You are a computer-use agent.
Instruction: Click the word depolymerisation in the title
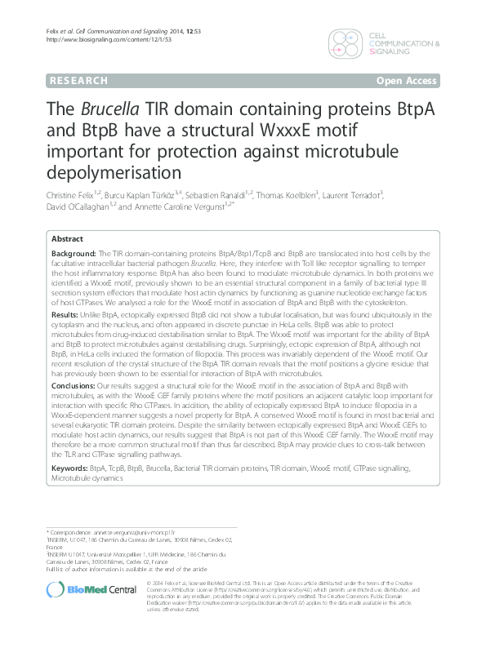[114, 172]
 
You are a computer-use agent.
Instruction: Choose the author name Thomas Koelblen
[284, 197]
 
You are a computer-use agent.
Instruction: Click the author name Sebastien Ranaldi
[217, 197]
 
